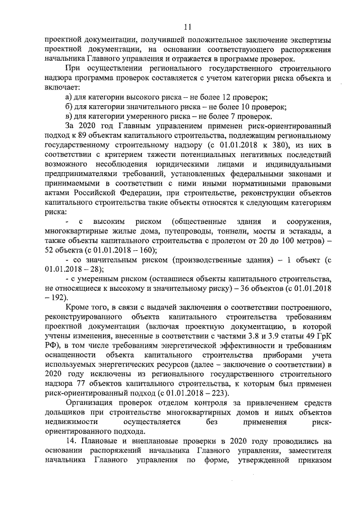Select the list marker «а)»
click(x=69, y=98)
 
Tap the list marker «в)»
click(x=69, y=116)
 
